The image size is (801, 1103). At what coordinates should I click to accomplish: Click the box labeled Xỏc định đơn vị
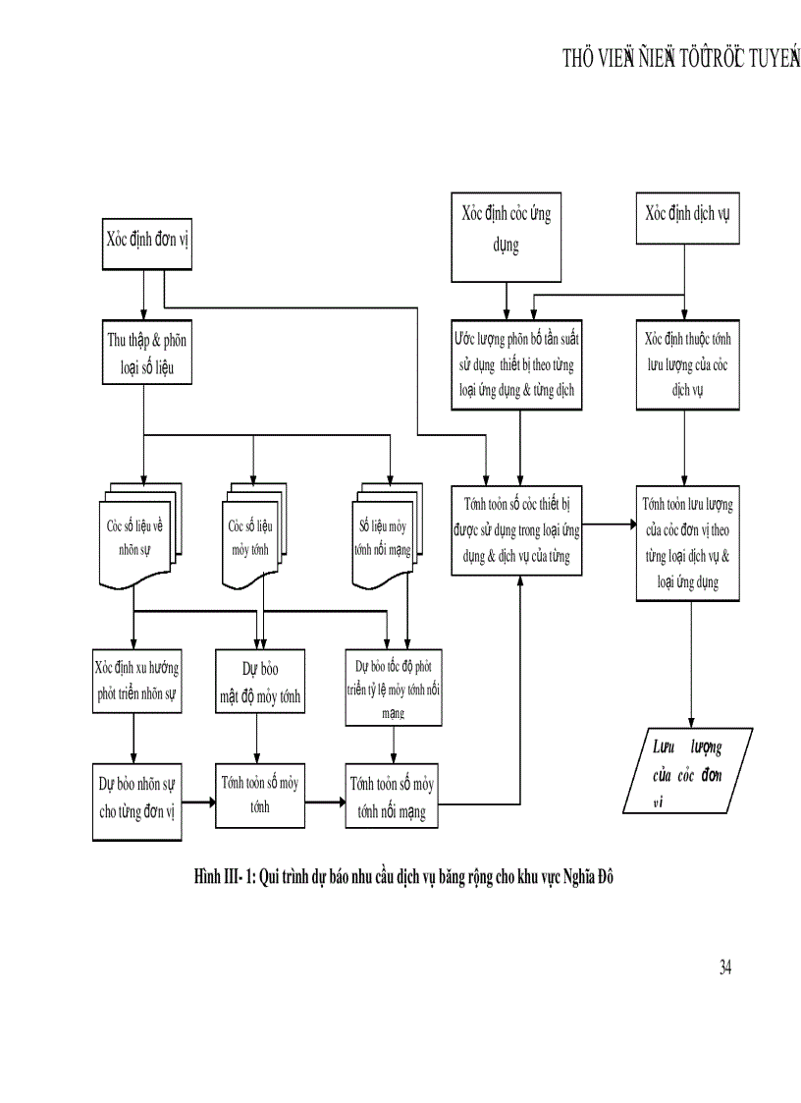(146, 241)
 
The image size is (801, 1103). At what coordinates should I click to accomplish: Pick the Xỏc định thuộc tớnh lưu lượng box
(686, 363)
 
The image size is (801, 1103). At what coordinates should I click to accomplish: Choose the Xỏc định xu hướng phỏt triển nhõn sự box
(136, 680)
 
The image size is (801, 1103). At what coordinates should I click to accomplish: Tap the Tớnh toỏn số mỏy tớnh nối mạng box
(392, 797)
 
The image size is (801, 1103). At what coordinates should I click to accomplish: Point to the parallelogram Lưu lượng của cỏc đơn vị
(686, 772)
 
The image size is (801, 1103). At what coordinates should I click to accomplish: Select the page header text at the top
(677, 59)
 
